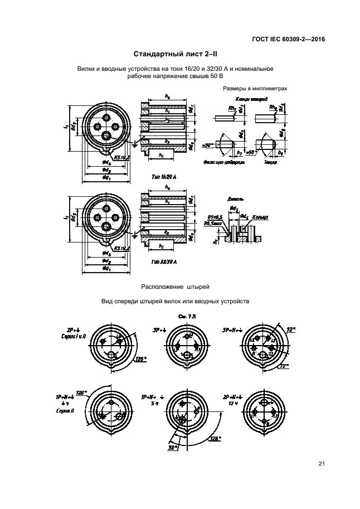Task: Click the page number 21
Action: (x=322, y=463)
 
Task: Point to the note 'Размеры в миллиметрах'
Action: (x=255, y=88)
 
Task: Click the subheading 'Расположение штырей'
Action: (x=175, y=287)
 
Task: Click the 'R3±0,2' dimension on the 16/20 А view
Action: (x=121, y=158)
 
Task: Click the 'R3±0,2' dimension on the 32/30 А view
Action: (x=121, y=249)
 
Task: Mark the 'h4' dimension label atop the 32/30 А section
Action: (x=167, y=188)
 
